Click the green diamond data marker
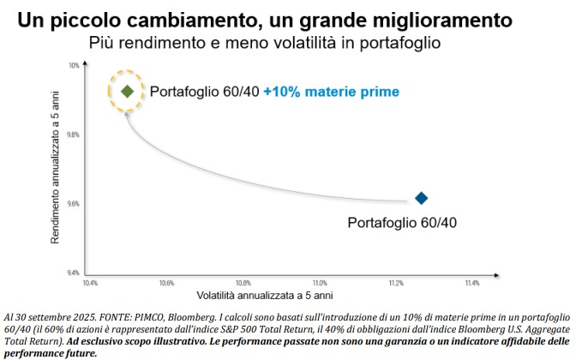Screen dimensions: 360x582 (127, 91)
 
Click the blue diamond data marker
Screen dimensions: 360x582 (421, 198)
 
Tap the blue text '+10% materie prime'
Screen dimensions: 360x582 (331, 91)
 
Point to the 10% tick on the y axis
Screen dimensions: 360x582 (74, 66)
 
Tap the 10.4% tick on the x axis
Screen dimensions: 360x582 (90, 282)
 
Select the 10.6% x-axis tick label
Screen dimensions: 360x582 (166, 282)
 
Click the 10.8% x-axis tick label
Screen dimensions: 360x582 (243, 282)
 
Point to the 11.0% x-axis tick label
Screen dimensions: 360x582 (320, 282)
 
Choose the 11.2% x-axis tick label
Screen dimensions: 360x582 (396, 282)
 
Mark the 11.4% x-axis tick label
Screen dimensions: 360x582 (472, 282)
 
